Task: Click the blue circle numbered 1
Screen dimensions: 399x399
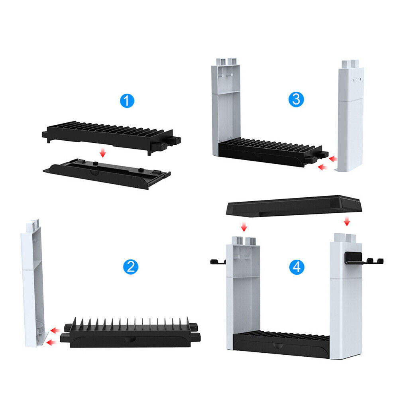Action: [x=127, y=101]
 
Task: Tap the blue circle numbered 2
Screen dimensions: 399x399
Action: [x=130, y=267]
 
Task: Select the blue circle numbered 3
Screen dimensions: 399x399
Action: [x=296, y=99]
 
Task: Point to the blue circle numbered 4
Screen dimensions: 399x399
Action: [x=297, y=267]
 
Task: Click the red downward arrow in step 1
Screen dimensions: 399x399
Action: [x=102, y=153]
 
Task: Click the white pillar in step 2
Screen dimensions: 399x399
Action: [x=33, y=283]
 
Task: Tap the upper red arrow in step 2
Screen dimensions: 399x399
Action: [x=55, y=331]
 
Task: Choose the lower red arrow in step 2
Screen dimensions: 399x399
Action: [x=51, y=342]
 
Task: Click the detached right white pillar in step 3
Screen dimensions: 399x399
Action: [x=350, y=116]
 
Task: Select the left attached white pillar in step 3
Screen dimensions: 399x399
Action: [x=226, y=107]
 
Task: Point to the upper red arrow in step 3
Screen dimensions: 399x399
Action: [x=333, y=159]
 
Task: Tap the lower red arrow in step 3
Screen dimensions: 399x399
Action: [x=322, y=167]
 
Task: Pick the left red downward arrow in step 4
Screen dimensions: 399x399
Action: [x=244, y=227]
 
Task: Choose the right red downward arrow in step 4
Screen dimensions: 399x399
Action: [x=347, y=221]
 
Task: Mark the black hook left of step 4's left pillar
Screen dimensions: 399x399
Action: [x=218, y=261]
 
